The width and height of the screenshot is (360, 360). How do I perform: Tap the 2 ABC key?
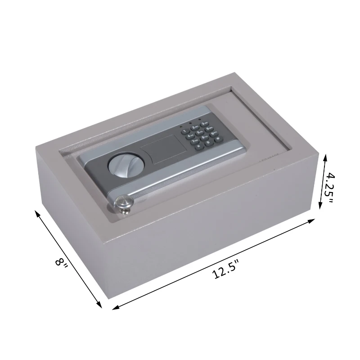pos(195,127)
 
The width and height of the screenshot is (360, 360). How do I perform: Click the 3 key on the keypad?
pos(204,124)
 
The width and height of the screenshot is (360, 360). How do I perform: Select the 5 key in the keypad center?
pos(200,132)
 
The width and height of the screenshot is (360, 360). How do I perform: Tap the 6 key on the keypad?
pos(209,129)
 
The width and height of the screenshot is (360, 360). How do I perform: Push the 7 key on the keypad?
pos(195,141)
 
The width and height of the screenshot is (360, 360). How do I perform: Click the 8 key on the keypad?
pos(204,138)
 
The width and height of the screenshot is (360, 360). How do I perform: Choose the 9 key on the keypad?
pos(214,134)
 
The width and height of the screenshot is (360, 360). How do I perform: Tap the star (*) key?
pos(199,146)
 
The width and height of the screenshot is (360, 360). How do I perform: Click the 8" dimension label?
pos(61,263)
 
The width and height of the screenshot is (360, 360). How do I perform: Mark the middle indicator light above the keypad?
pos(190,123)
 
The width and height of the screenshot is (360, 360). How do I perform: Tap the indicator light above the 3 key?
pos(200,119)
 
